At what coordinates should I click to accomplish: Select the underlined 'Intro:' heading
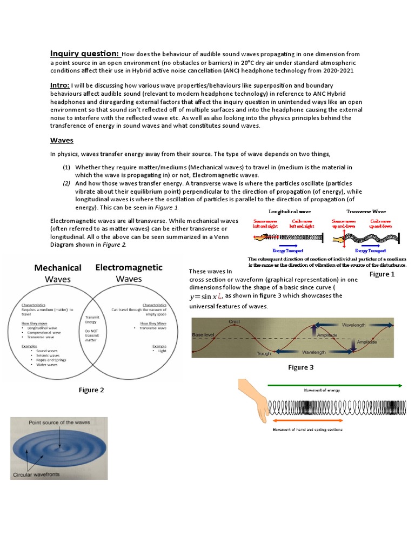(59, 85)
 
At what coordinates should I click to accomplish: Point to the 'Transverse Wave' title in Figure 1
(367, 212)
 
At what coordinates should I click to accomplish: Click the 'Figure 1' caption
(382, 274)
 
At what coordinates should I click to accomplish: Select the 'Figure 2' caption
(91, 390)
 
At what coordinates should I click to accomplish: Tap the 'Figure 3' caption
(301, 367)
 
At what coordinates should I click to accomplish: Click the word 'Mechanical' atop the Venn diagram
(58, 268)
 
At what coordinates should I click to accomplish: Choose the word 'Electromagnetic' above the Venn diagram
(129, 267)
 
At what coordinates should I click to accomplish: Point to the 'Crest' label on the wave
(234, 322)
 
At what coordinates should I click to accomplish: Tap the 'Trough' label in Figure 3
(263, 353)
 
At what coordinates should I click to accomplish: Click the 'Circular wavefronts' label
(36, 476)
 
